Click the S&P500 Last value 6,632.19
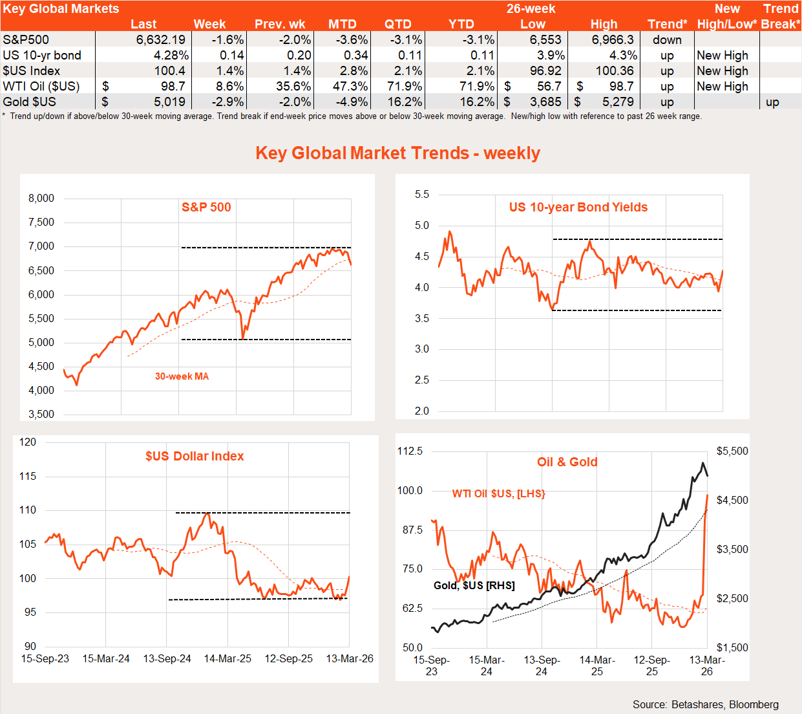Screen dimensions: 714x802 point(160,39)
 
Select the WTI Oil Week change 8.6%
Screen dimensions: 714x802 point(229,86)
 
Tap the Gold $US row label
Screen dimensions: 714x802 point(29,102)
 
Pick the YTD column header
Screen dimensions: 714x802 point(461,24)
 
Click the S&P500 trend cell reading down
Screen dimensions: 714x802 point(667,39)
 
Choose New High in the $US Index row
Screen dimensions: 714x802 point(722,70)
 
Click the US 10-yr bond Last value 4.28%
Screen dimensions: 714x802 point(171,55)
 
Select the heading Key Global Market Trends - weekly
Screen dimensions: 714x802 point(397,153)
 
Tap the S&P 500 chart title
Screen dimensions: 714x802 point(206,207)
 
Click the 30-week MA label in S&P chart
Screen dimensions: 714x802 point(182,376)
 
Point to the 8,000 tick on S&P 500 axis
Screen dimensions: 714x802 point(41,198)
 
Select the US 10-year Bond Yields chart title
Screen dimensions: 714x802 point(578,207)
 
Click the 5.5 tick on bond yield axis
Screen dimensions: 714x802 point(421,194)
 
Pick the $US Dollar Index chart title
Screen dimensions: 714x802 point(195,456)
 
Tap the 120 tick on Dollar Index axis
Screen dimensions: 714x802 point(28,442)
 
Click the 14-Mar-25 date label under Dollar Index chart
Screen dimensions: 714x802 point(227,658)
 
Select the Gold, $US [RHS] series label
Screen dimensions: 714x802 point(474,585)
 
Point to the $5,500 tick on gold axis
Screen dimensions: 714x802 point(732,451)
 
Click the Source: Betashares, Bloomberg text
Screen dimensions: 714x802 point(705,704)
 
